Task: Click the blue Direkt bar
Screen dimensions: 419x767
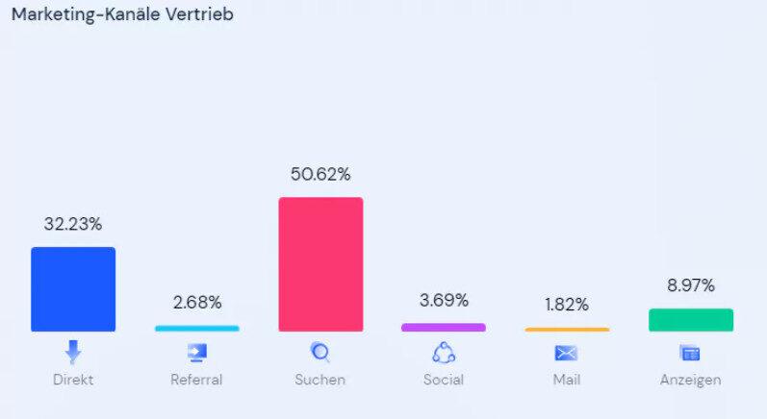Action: coord(73,289)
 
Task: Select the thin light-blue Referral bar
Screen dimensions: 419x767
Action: coord(196,329)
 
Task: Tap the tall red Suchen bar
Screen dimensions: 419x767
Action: coord(320,264)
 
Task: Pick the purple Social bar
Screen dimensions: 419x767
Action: coord(443,328)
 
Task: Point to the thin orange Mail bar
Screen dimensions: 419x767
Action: coord(567,330)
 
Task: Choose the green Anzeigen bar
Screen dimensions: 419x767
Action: coord(690,320)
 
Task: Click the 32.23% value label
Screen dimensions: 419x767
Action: coord(73,224)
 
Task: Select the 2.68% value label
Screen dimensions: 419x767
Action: coord(196,302)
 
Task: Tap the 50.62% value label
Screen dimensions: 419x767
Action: coord(320,174)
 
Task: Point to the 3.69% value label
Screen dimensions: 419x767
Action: coord(443,300)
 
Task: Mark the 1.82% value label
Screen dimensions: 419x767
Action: coord(567,305)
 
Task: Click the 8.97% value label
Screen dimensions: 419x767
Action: coord(690,285)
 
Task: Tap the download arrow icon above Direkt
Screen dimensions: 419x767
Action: coord(73,352)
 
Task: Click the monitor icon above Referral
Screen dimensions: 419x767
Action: coord(196,353)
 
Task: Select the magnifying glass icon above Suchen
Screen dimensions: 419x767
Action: coord(320,353)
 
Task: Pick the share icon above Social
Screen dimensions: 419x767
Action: coord(443,353)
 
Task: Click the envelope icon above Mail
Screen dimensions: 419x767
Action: coord(567,353)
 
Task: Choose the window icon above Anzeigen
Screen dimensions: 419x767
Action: coord(690,353)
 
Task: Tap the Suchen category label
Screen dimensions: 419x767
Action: coord(320,380)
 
